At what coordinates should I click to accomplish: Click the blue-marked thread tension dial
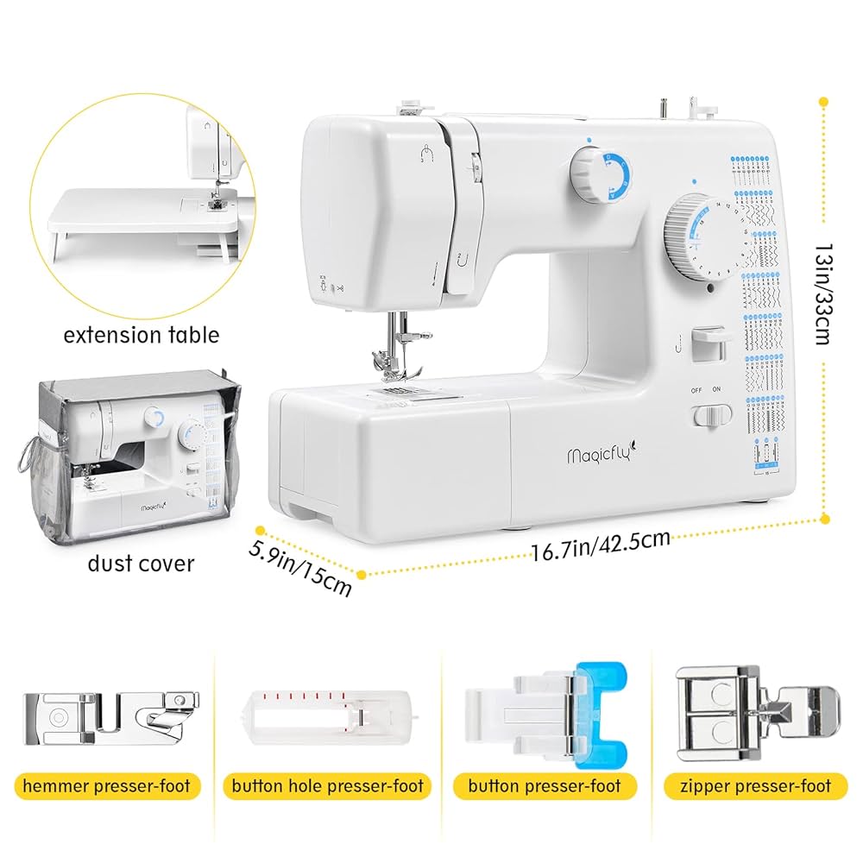tap(595, 172)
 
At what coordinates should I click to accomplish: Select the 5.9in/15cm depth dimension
tap(301, 566)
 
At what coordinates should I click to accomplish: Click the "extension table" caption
tap(142, 334)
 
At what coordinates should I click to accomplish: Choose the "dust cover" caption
tap(142, 564)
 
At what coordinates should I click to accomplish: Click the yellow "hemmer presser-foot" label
tap(108, 786)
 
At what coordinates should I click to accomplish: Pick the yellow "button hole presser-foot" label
tap(328, 786)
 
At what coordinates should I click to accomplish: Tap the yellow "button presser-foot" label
tap(544, 786)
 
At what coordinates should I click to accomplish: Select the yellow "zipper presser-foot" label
tap(755, 786)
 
